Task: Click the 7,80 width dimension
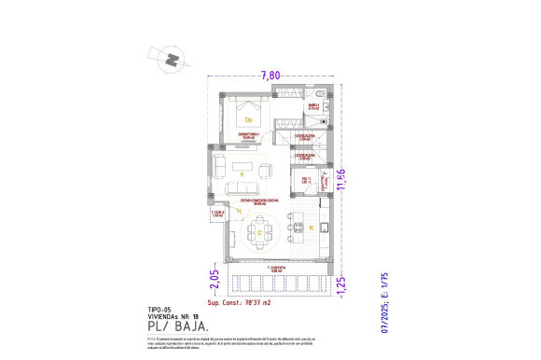(270, 76)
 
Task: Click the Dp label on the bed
(249, 119)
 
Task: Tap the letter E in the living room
(242, 174)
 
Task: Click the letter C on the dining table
(260, 232)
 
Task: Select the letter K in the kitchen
(311, 227)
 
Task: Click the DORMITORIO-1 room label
(248, 136)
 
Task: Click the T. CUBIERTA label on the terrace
(275, 270)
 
